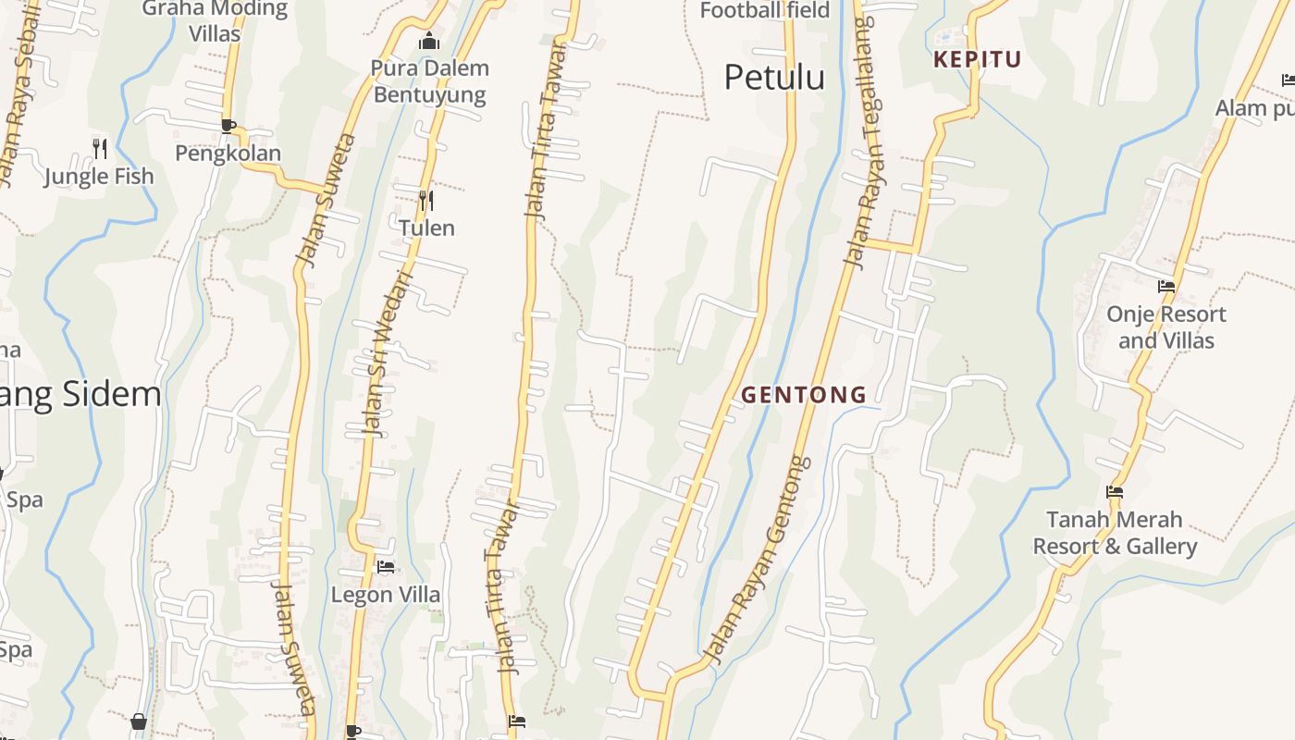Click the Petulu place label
pos(774,78)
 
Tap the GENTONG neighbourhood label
pos(804,395)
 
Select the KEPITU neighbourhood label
pos(978,60)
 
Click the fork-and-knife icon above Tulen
pos(426,200)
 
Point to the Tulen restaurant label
pos(426,227)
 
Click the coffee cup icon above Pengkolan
pos(228,126)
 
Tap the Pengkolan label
pos(228,153)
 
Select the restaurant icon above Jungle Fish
pos(100,148)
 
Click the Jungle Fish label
pos(100,176)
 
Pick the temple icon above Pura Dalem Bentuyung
pos(429,42)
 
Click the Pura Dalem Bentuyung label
pos(430,81)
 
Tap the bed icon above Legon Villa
pos(386,567)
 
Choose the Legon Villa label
pos(386,594)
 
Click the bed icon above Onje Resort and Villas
pos(1166,287)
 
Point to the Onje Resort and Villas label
pos(1166,327)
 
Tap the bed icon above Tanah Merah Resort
pos(1115,492)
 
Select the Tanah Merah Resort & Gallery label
pos(1115,533)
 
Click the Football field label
pos(765,11)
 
